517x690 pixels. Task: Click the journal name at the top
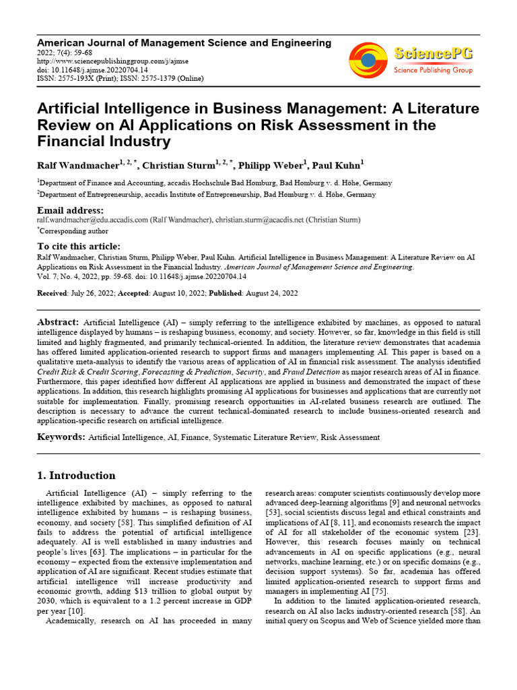click(x=184, y=42)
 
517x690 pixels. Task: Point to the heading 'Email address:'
click(x=70, y=211)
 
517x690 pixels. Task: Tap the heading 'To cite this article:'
click(x=79, y=246)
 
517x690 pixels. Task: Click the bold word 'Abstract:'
click(x=59, y=323)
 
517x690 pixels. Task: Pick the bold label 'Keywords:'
click(x=61, y=437)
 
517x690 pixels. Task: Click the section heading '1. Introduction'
click(x=76, y=475)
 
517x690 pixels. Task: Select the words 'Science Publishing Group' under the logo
click(x=433, y=70)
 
